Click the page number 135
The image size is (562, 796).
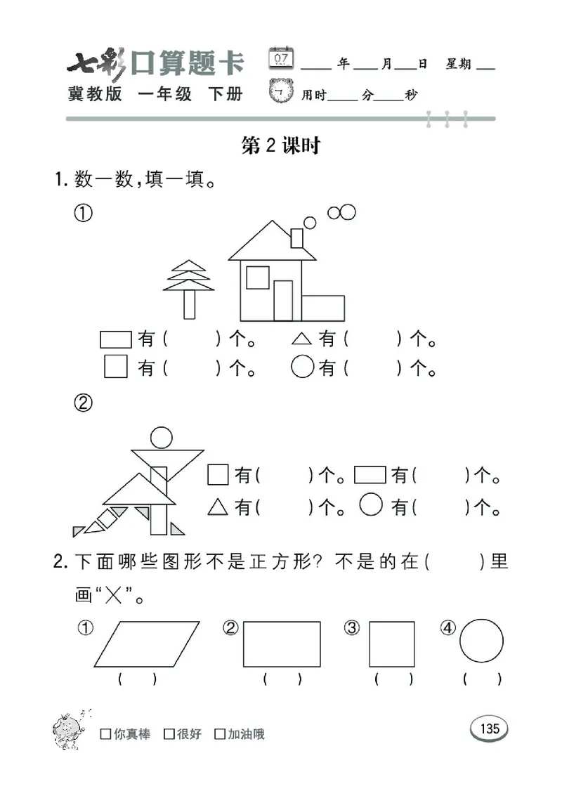(x=490, y=729)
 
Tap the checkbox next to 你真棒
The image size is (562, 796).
(x=105, y=734)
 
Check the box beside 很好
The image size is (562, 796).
(x=169, y=734)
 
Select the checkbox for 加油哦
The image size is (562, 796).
(x=220, y=734)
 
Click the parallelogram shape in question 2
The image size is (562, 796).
(x=147, y=644)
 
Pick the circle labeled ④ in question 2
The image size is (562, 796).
(x=481, y=641)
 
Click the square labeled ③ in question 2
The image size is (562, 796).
(x=391, y=644)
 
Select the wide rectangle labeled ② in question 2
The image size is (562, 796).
(x=282, y=644)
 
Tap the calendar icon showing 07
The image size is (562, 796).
(x=281, y=58)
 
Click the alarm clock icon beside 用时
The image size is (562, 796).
(x=282, y=92)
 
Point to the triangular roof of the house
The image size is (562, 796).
(x=272, y=242)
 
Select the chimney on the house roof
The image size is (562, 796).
(x=296, y=237)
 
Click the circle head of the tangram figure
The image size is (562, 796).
(x=162, y=438)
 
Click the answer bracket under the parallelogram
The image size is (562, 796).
(x=137, y=679)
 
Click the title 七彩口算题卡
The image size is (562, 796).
(x=156, y=65)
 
